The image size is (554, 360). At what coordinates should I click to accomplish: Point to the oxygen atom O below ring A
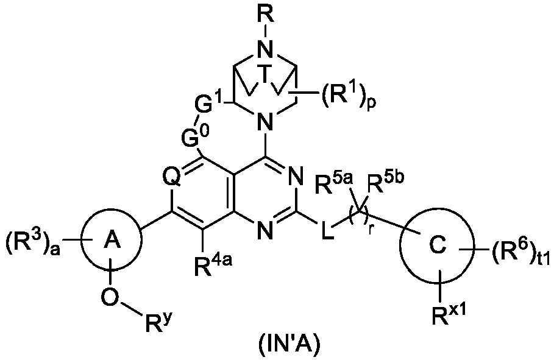(x=110, y=297)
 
